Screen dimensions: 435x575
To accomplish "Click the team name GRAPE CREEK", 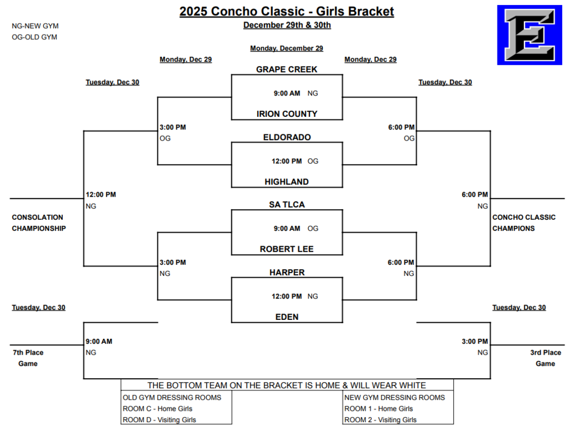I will click(x=286, y=70).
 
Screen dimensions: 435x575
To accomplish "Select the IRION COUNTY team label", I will click(x=286, y=114).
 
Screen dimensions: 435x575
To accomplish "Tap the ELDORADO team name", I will click(x=286, y=137).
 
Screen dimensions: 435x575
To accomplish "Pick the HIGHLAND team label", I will click(x=286, y=182).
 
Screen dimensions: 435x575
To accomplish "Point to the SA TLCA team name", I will click(x=286, y=205).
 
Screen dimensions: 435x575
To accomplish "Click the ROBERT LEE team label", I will click(x=286, y=249).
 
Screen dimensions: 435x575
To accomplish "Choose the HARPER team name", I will click(x=286, y=273).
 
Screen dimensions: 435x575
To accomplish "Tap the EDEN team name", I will click(x=286, y=317).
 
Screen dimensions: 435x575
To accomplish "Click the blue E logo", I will click(x=529, y=35).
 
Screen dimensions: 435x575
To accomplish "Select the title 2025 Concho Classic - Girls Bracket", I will click(x=286, y=12).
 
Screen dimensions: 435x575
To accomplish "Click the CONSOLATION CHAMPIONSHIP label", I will click(x=38, y=223).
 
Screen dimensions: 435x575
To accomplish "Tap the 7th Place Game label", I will click(x=28, y=358).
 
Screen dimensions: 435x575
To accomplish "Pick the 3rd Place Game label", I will click(x=545, y=358).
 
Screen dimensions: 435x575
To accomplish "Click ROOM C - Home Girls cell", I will click(x=158, y=409).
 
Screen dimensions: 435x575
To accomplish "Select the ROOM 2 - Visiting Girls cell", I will click(x=380, y=420).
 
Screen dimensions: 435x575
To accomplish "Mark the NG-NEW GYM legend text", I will click(x=35, y=26).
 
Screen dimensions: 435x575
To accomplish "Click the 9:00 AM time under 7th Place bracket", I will click(x=99, y=341).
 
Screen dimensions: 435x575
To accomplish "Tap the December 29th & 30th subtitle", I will click(x=286, y=25).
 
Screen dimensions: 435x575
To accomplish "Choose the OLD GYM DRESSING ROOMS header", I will click(x=172, y=397).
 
